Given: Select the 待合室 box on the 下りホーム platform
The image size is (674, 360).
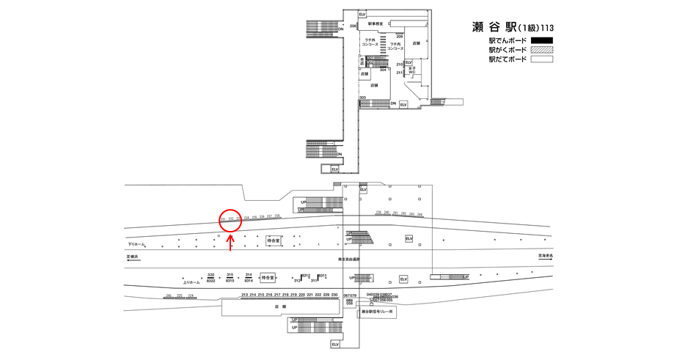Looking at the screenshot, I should pos(274,240).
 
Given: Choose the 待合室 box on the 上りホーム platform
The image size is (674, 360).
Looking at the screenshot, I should pos(268,278).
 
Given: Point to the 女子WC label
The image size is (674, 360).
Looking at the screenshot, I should pos(411,71).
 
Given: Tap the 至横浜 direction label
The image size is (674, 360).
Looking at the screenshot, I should pos(133,257).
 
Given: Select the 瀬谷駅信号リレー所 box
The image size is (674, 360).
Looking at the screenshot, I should pos(378,312).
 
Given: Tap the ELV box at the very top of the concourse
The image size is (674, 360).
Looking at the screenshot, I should pos(362,15).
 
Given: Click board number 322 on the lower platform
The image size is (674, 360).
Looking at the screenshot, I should pos(210,275).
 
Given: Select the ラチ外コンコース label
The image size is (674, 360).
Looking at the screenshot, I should pos(370,43).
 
